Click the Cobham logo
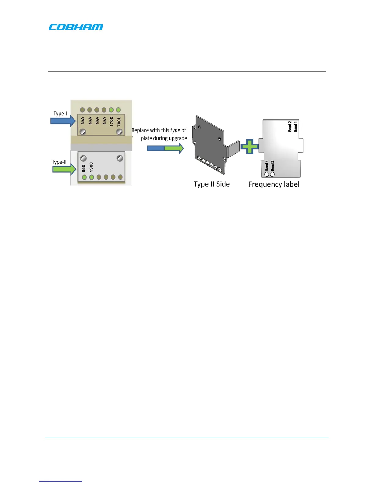(76, 27)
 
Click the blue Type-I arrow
(63, 121)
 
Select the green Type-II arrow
(64, 169)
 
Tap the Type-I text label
(60, 114)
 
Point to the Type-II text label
(59, 162)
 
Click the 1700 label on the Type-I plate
(112, 121)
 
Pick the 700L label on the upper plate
(119, 121)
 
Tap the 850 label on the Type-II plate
(84, 168)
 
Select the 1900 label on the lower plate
(91, 167)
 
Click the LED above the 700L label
(119, 110)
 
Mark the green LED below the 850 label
(84, 177)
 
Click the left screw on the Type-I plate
(82, 132)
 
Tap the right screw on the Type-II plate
(120, 158)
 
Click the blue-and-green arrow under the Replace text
(165, 148)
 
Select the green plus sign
(250, 147)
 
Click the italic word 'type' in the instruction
(175, 130)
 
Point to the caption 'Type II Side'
(211, 184)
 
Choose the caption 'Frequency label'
(274, 184)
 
